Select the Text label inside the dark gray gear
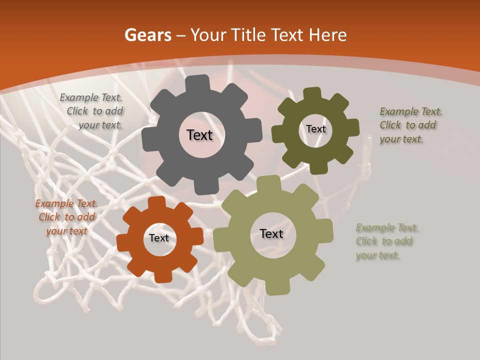199,135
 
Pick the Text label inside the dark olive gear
315,129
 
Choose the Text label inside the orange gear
159,238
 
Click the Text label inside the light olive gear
271,233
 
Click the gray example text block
93,111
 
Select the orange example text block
66,217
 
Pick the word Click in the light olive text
366,241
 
